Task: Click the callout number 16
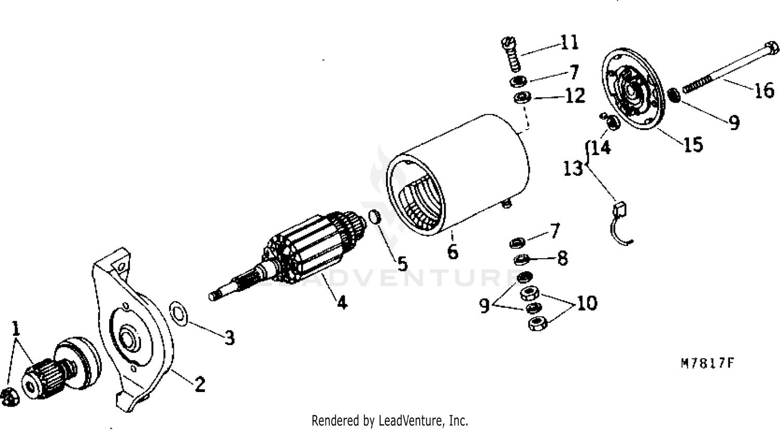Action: (x=764, y=90)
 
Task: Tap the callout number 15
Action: (x=693, y=144)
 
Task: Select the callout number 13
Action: (x=573, y=168)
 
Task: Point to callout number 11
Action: (x=569, y=43)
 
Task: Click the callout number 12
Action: (x=575, y=96)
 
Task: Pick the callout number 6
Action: (x=453, y=251)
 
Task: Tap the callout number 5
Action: (x=402, y=264)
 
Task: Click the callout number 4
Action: (x=342, y=302)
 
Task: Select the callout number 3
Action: (x=229, y=337)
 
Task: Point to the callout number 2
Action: (x=200, y=384)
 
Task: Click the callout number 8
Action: (x=563, y=258)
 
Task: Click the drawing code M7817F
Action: (x=707, y=363)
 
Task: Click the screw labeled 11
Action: (x=511, y=55)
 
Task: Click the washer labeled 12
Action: (x=522, y=97)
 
